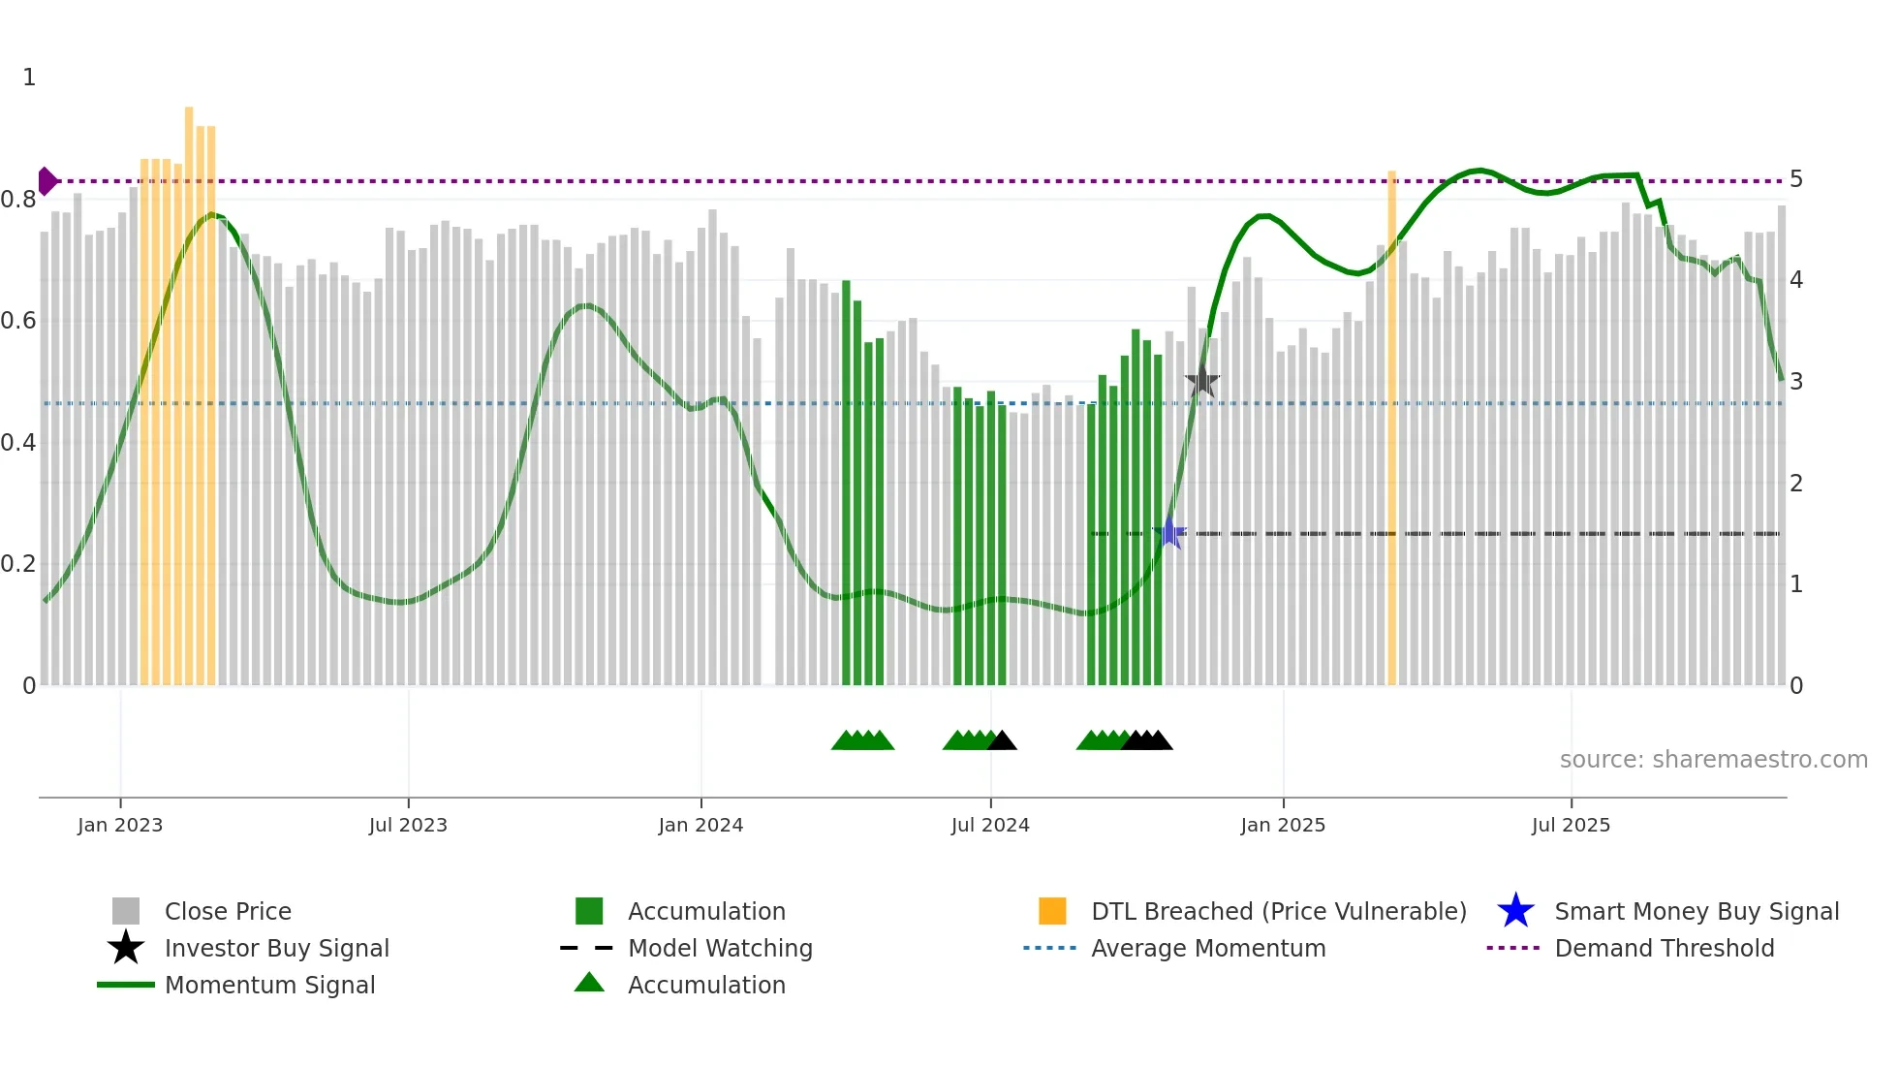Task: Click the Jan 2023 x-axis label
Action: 120,825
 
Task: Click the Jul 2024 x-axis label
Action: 990,825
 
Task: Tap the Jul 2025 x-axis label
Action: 1571,825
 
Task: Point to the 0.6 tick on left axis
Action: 18,321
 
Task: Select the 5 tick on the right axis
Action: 1796,179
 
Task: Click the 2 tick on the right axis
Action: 1796,483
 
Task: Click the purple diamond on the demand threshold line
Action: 47,181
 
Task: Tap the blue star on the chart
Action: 1169,533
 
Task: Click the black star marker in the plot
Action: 1201,381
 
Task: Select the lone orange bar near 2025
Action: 1391,426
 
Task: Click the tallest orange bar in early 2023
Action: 189,388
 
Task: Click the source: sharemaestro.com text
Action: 1713,760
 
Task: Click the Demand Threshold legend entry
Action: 1664,948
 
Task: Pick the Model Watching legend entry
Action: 719,948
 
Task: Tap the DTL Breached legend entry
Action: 1278,911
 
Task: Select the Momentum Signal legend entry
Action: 269,985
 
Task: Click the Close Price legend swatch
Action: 126,911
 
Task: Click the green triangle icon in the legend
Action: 589,983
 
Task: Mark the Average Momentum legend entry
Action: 1207,948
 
